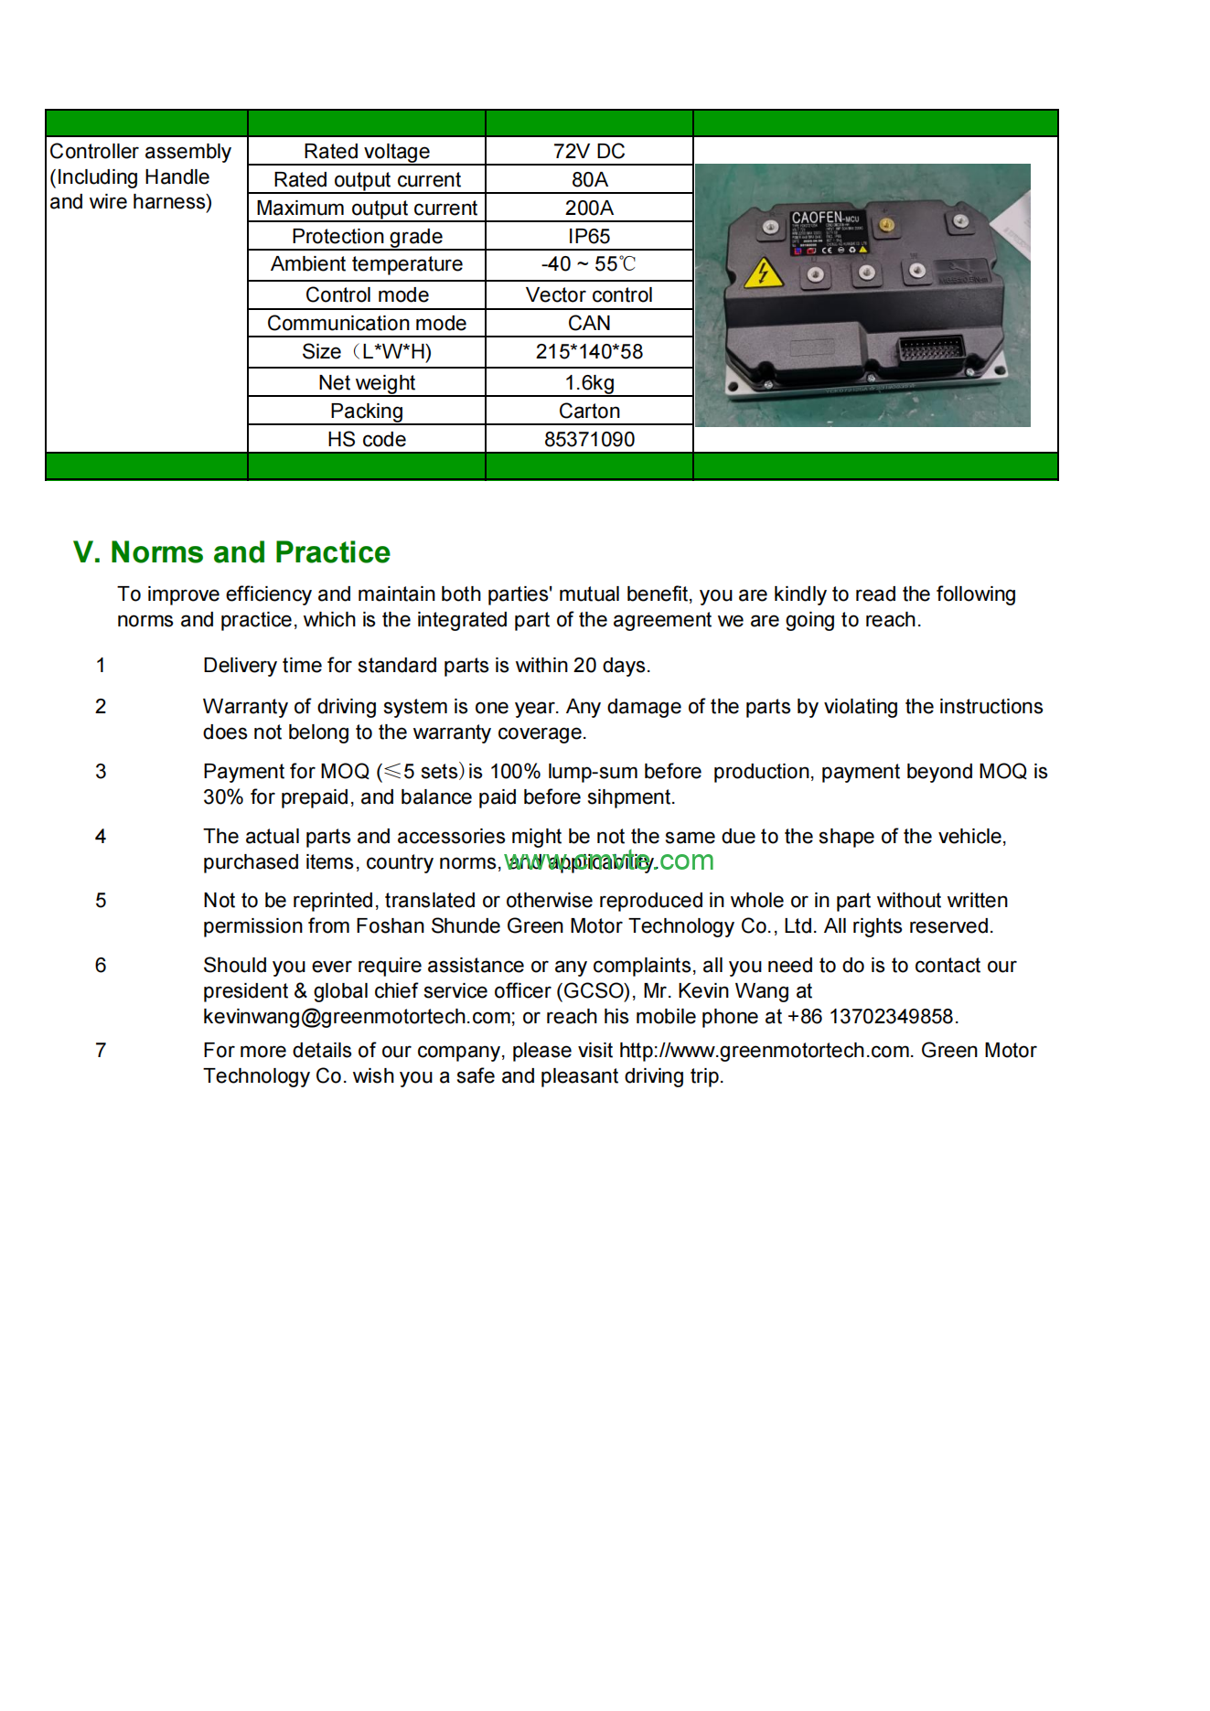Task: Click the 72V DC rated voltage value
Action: click(x=589, y=151)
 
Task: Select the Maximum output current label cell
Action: click(x=366, y=208)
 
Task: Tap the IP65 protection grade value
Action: click(x=589, y=236)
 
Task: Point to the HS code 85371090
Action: click(x=589, y=439)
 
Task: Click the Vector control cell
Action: click(x=589, y=294)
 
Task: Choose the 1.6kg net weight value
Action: click(x=589, y=382)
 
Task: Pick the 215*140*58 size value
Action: click(x=589, y=351)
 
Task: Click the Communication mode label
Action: click(x=366, y=323)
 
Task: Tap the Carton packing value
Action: click(x=589, y=411)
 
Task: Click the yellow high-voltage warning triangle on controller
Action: click(x=763, y=273)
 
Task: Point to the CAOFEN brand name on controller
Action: click(x=817, y=218)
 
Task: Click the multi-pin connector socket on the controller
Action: click(x=931, y=350)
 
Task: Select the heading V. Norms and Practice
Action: click(x=231, y=552)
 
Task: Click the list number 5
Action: click(x=101, y=901)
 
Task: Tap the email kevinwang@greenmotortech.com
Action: click(x=357, y=1017)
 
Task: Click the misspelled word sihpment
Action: click(x=631, y=797)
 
